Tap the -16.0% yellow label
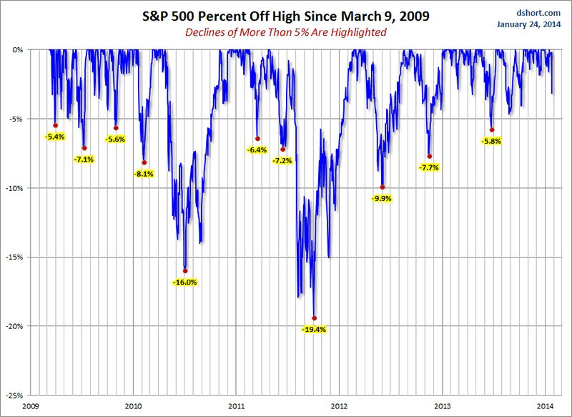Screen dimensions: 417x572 click(x=184, y=282)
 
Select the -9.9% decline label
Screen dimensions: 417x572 click(x=383, y=198)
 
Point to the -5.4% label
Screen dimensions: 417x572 click(x=55, y=136)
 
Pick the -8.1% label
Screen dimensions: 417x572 click(x=144, y=174)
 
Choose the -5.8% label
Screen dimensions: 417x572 click(x=491, y=141)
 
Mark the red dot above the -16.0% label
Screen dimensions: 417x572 click(x=185, y=271)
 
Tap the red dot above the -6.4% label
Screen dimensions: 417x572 click(x=257, y=139)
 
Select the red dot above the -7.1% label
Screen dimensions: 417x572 click(x=84, y=148)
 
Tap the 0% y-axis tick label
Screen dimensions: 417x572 click(x=19, y=50)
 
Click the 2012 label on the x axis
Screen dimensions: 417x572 click(x=340, y=406)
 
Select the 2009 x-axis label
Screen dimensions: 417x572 click(x=30, y=406)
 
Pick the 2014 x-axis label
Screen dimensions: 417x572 click(x=546, y=406)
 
